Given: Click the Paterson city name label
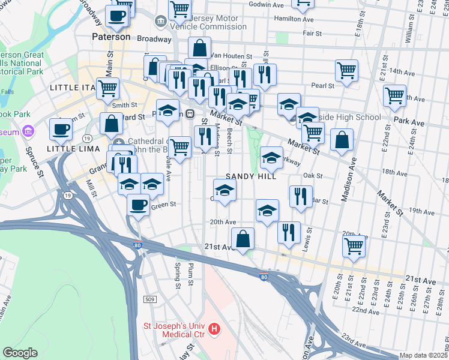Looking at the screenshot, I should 111,37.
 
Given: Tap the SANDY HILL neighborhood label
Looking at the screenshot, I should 251,177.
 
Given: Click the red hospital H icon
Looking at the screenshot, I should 215,329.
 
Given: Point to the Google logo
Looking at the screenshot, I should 19,353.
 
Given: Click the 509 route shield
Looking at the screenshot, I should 150,299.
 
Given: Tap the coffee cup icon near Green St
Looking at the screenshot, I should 138,205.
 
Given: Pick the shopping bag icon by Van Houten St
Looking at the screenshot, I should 199,47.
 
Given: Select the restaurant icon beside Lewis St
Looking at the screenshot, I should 289,232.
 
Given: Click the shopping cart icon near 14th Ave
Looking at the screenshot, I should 346,70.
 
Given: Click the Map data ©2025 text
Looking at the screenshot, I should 423,355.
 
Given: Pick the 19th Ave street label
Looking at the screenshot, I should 421,211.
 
